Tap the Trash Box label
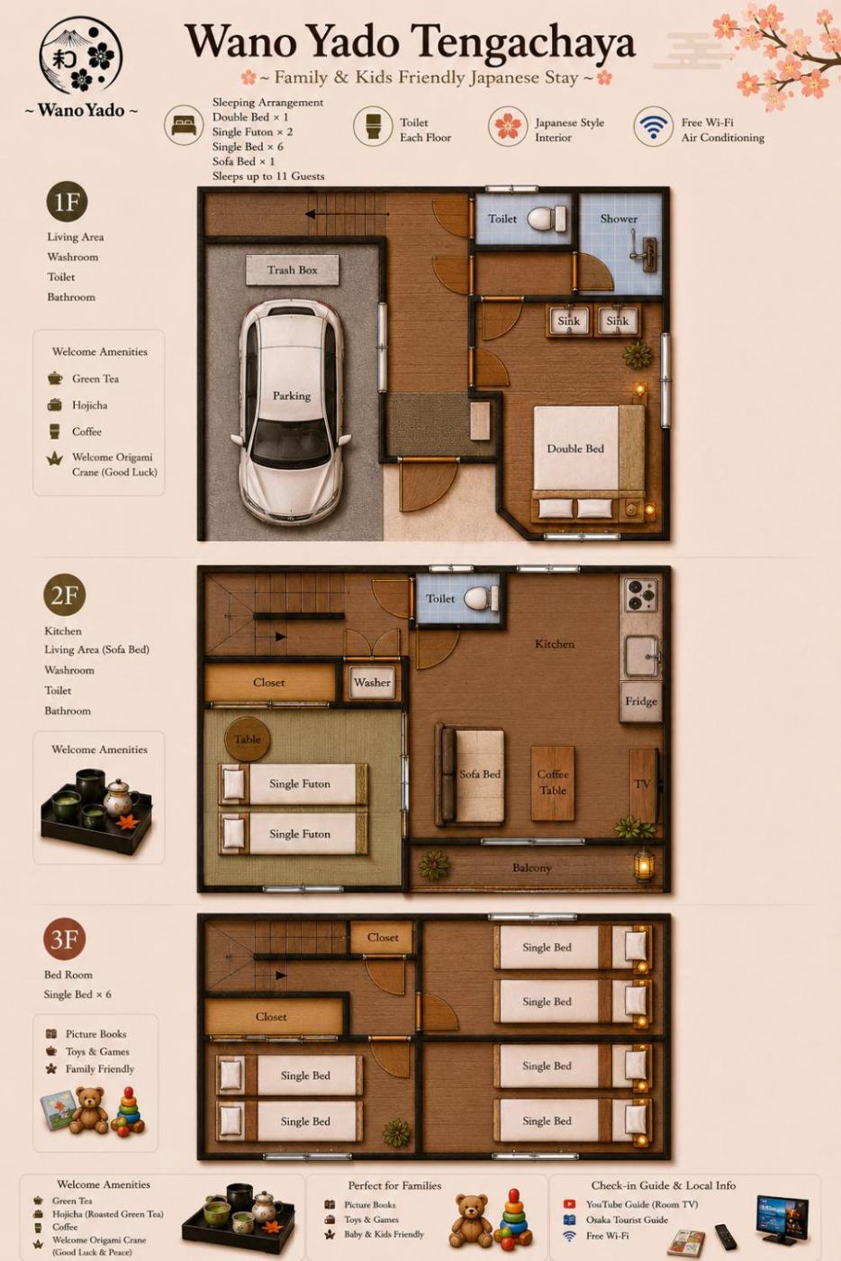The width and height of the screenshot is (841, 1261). (292, 269)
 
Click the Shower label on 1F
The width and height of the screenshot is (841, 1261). (619, 218)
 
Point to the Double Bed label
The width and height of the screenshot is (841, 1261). (575, 449)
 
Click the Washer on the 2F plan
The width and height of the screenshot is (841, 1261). (372, 683)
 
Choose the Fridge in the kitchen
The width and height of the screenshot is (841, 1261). (641, 702)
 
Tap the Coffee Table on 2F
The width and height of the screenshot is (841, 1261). (553, 783)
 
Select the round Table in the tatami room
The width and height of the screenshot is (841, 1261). (247, 739)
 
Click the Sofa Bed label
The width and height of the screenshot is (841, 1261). (480, 774)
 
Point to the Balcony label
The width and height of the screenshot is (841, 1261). (531, 867)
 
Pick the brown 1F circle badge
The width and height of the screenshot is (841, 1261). (67, 202)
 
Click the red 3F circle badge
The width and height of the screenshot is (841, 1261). (65, 939)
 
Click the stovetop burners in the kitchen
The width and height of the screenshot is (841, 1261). (641, 594)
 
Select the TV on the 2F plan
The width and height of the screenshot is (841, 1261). (644, 785)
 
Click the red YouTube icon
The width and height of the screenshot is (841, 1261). (569, 1204)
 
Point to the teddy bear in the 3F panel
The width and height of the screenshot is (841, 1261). (88, 1110)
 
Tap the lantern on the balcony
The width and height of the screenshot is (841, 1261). (644, 865)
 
